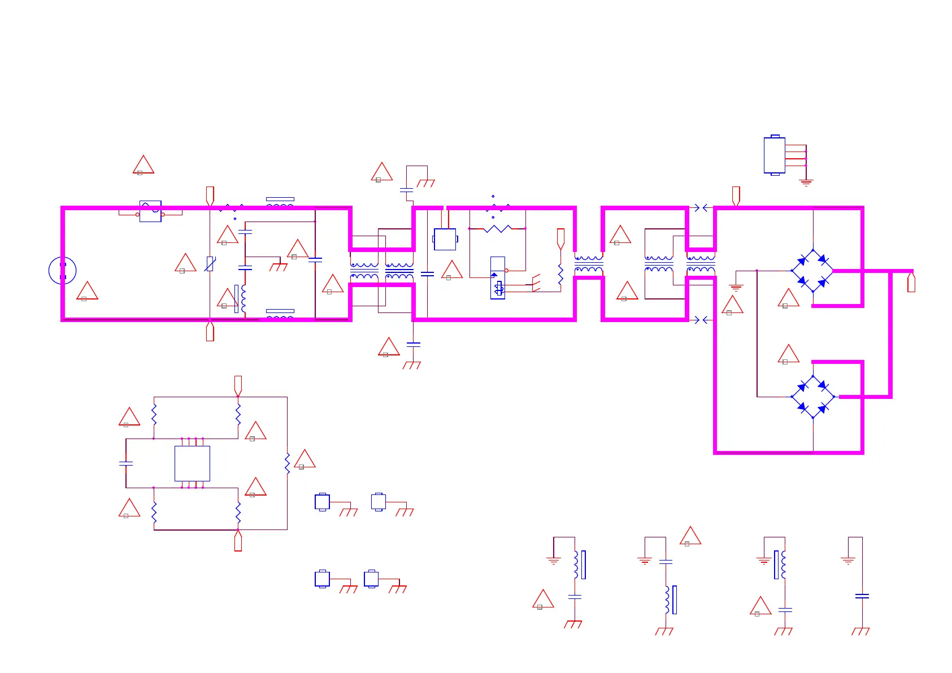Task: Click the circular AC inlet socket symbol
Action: pyautogui.click(x=62, y=271)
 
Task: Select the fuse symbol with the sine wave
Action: pyautogui.click(x=150, y=211)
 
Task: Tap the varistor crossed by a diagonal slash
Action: pyautogui.click(x=210, y=263)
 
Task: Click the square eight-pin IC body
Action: pyautogui.click(x=192, y=463)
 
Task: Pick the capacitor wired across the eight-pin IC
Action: pyautogui.click(x=126, y=463)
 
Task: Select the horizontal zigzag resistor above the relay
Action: pyautogui.click(x=497, y=228)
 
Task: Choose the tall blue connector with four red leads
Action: pyautogui.click(x=774, y=155)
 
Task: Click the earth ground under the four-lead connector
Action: pyautogui.click(x=806, y=183)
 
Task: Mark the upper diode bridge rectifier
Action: pyautogui.click(x=812, y=271)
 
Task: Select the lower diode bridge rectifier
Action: pyautogui.click(x=812, y=397)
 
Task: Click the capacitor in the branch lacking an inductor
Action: pyautogui.click(x=862, y=596)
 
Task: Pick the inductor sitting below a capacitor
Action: pyautogui.click(x=668, y=600)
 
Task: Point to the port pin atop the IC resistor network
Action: pyautogui.click(x=238, y=385)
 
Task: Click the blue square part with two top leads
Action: pyautogui.click(x=445, y=239)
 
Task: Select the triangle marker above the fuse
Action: pyautogui.click(x=144, y=165)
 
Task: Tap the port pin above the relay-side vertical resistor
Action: pyautogui.click(x=560, y=238)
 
